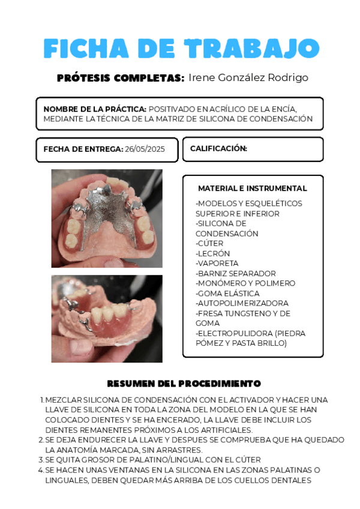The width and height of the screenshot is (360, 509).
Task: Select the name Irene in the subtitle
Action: (x=202, y=78)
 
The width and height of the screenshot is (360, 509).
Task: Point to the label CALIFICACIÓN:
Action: (x=218, y=148)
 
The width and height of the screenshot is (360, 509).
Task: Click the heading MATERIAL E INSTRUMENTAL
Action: (x=252, y=188)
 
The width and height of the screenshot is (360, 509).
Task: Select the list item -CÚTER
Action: (x=209, y=244)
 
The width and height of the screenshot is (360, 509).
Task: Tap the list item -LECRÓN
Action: (x=213, y=253)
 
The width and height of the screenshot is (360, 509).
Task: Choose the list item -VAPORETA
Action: (x=217, y=264)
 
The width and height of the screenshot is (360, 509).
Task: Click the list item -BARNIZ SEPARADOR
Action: (x=236, y=273)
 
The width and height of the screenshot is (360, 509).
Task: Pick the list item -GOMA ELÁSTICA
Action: (x=227, y=294)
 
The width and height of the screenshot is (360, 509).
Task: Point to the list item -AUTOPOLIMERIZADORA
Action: (x=242, y=303)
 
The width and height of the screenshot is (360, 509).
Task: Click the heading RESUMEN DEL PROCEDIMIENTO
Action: (x=184, y=383)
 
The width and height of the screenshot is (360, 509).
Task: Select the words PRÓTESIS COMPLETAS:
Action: (x=120, y=78)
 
